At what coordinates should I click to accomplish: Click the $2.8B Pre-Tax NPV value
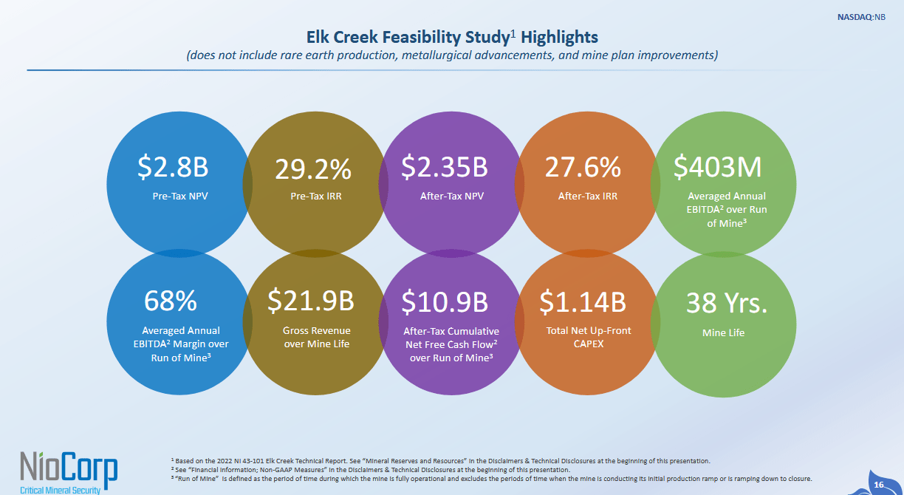(x=173, y=168)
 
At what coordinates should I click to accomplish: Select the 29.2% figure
(x=313, y=169)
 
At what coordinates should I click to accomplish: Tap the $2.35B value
(x=445, y=168)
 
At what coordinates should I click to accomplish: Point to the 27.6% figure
(x=583, y=168)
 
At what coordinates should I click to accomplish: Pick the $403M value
(x=718, y=168)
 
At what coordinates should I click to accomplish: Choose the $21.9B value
(x=310, y=301)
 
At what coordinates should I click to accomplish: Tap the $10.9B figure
(x=445, y=301)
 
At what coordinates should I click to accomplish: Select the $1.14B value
(x=583, y=301)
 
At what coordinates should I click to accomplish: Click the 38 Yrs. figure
(x=727, y=302)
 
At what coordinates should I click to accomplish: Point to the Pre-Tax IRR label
(x=317, y=197)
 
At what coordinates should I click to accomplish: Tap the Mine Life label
(x=723, y=332)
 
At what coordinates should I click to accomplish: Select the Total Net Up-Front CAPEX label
(x=589, y=337)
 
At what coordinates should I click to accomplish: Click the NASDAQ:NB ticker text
(x=863, y=16)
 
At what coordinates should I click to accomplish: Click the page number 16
(x=879, y=484)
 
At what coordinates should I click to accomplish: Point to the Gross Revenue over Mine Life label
(x=317, y=337)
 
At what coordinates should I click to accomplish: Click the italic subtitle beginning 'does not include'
(x=452, y=55)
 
